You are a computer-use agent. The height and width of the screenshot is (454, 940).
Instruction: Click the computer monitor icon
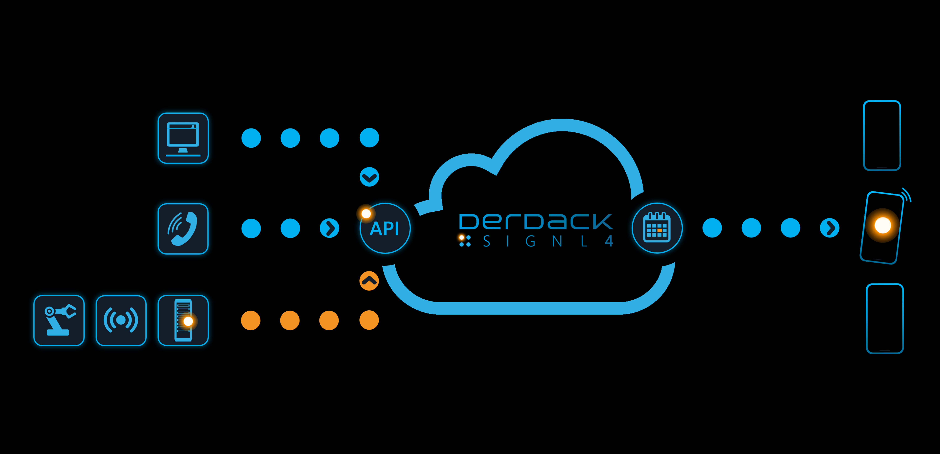coord(183,138)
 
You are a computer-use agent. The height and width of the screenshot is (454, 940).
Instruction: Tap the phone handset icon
coord(183,229)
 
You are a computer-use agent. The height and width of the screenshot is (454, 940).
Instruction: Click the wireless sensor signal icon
coord(121,320)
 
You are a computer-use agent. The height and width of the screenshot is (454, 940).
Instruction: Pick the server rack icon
coord(183,320)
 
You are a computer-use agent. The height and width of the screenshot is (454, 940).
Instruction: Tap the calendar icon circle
coord(657,228)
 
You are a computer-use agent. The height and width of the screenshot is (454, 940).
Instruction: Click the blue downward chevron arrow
coord(369,177)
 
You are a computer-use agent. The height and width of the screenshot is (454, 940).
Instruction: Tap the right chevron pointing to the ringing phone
coord(829,228)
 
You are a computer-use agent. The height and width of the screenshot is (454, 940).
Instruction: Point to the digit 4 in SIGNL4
coord(609,241)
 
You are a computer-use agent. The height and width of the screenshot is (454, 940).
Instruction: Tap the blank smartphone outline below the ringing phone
coord(885,319)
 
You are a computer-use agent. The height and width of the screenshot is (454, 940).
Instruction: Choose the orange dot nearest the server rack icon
coord(251,320)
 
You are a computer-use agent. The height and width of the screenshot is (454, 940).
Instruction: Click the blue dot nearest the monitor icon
coord(251,138)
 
